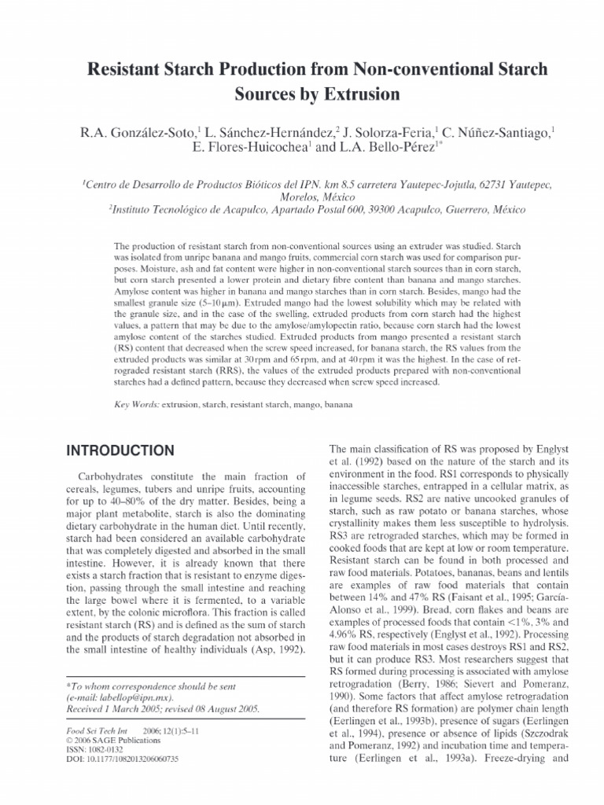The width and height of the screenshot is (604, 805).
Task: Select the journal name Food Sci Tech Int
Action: pyautogui.click(x=91, y=730)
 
